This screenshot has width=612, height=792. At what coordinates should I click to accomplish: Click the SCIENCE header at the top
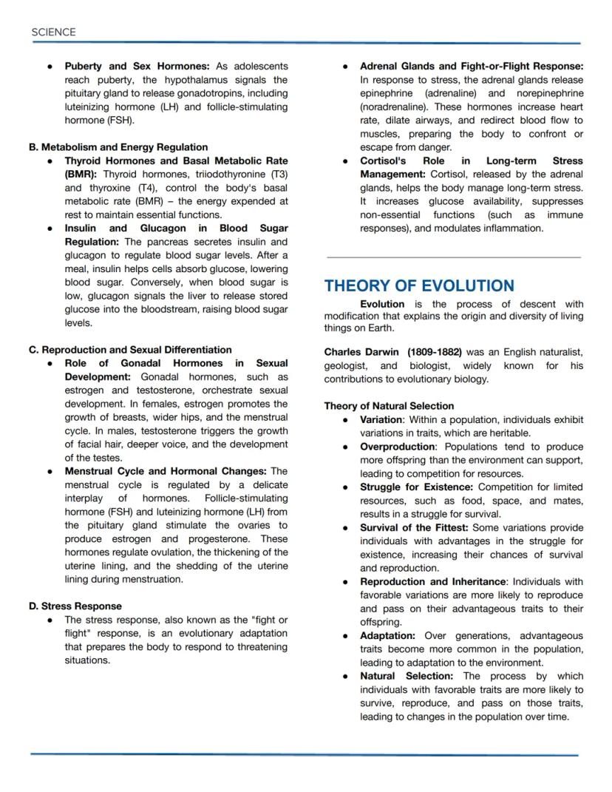[x=53, y=33]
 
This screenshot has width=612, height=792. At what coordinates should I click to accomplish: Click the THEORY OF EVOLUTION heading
[x=419, y=286]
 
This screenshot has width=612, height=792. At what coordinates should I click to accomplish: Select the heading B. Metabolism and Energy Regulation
[x=118, y=147]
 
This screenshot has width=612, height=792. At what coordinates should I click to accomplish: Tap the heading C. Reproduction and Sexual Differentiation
[x=130, y=350]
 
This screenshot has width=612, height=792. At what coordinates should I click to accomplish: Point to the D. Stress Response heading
[x=75, y=606]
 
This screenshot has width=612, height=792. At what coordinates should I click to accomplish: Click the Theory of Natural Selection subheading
[x=389, y=406]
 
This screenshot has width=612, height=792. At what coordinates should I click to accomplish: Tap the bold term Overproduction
[x=397, y=447]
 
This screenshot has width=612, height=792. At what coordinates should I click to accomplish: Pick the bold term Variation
[x=381, y=419]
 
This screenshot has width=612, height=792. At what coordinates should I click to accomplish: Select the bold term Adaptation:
[x=387, y=636]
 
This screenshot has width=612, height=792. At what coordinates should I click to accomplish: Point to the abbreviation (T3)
[x=274, y=175]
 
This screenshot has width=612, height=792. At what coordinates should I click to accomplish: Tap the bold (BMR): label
[x=81, y=175]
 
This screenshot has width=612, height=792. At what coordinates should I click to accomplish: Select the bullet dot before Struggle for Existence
[x=345, y=487]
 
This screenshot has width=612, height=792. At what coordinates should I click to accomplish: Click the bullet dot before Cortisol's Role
[x=345, y=161]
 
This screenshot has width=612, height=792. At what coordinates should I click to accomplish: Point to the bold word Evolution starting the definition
[x=382, y=304]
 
